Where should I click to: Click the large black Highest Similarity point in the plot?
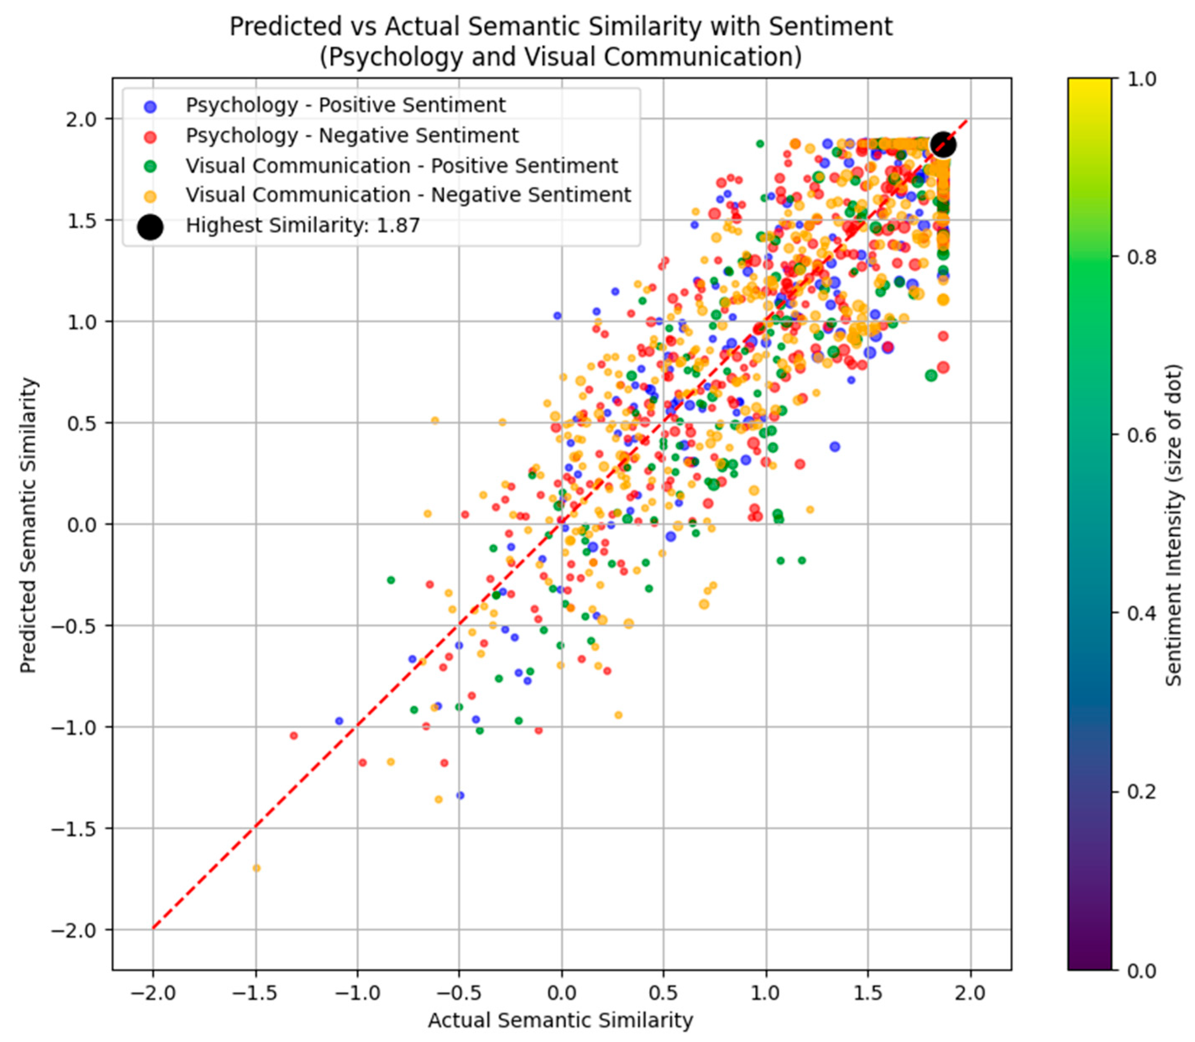(x=943, y=144)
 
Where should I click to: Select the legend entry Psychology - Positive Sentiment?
(x=345, y=105)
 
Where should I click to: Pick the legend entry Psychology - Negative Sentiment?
(x=352, y=135)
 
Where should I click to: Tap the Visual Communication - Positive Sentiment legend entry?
(x=401, y=166)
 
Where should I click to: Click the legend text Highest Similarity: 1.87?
(x=303, y=226)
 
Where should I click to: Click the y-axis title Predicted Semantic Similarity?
(x=28, y=525)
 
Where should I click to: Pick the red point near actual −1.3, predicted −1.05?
(x=294, y=735)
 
